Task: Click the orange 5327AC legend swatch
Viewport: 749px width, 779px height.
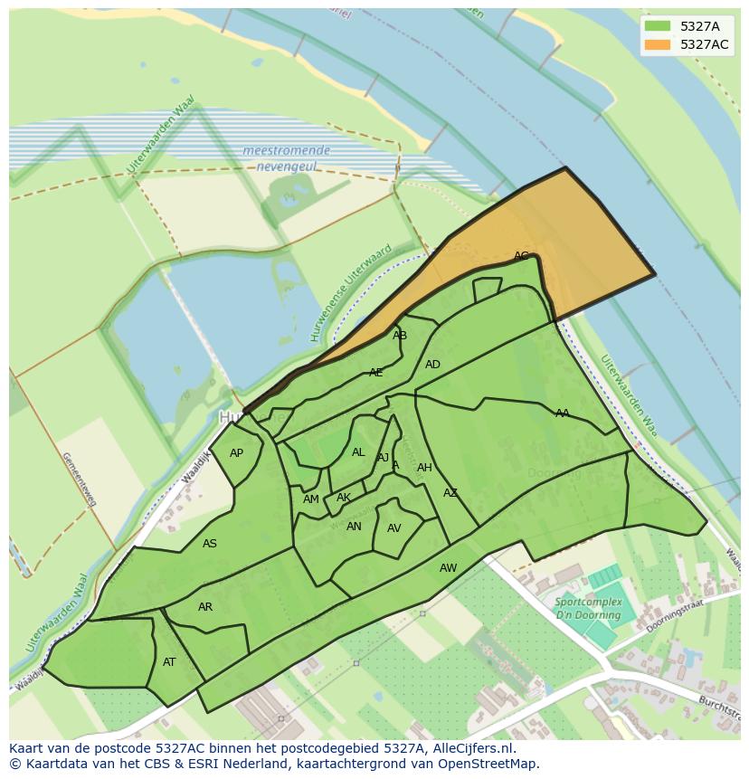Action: click(658, 45)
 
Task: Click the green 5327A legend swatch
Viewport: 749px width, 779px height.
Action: click(658, 26)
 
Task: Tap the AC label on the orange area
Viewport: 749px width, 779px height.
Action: click(521, 256)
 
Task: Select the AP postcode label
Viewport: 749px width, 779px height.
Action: click(236, 453)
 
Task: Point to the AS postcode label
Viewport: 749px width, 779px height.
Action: click(210, 544)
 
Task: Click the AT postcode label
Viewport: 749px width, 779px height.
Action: click(169, 662)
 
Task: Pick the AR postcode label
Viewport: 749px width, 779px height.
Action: click(205, 606)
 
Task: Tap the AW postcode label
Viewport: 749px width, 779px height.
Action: click(449, 568)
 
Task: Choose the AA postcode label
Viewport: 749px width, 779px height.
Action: click(563, 413)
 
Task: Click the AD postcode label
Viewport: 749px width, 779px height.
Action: click(432, 365)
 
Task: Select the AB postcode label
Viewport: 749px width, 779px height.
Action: click(400, 336)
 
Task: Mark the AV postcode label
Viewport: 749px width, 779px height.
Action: click(394, 528)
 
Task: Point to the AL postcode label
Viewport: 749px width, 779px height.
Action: click(358, 452)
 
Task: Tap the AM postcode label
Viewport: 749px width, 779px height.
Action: click(311, 499)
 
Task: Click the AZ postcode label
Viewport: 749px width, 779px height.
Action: click(450, 493)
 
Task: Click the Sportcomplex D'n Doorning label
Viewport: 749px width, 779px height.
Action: click(589, 608)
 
